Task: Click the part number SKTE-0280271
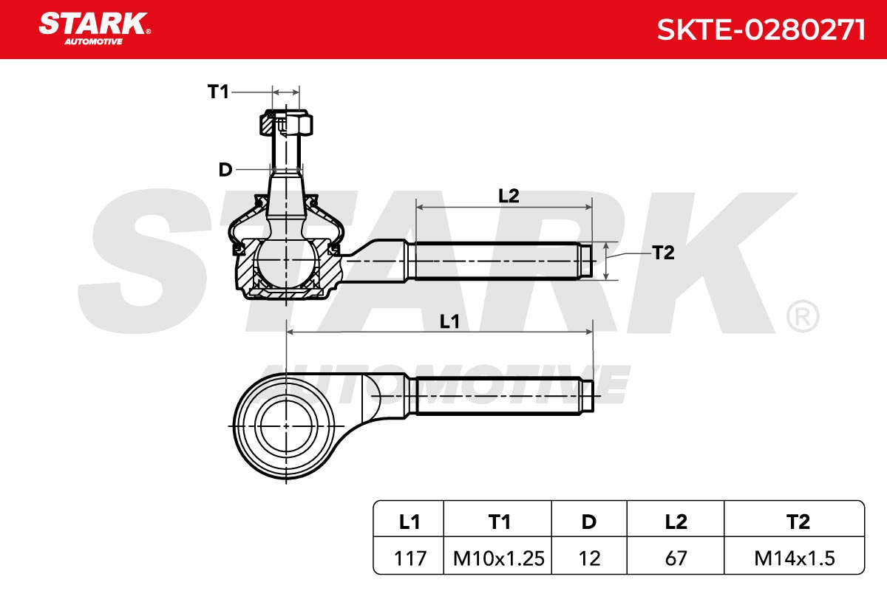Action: click(x=761, y=30)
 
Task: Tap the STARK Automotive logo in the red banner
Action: click(x=95, y=29)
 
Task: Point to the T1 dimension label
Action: click(x=218, y=92)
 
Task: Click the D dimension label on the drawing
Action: click(x=225, y=170)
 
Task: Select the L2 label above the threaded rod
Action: click(x=509, y=196)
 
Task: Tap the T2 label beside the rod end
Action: click(x=663, y=253)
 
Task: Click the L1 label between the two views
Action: click(x=449, y=321)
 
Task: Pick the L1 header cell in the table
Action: click(x=409, y=522)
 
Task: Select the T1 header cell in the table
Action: click(x=498, y=522)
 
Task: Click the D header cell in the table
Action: click(x=589, y=522)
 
